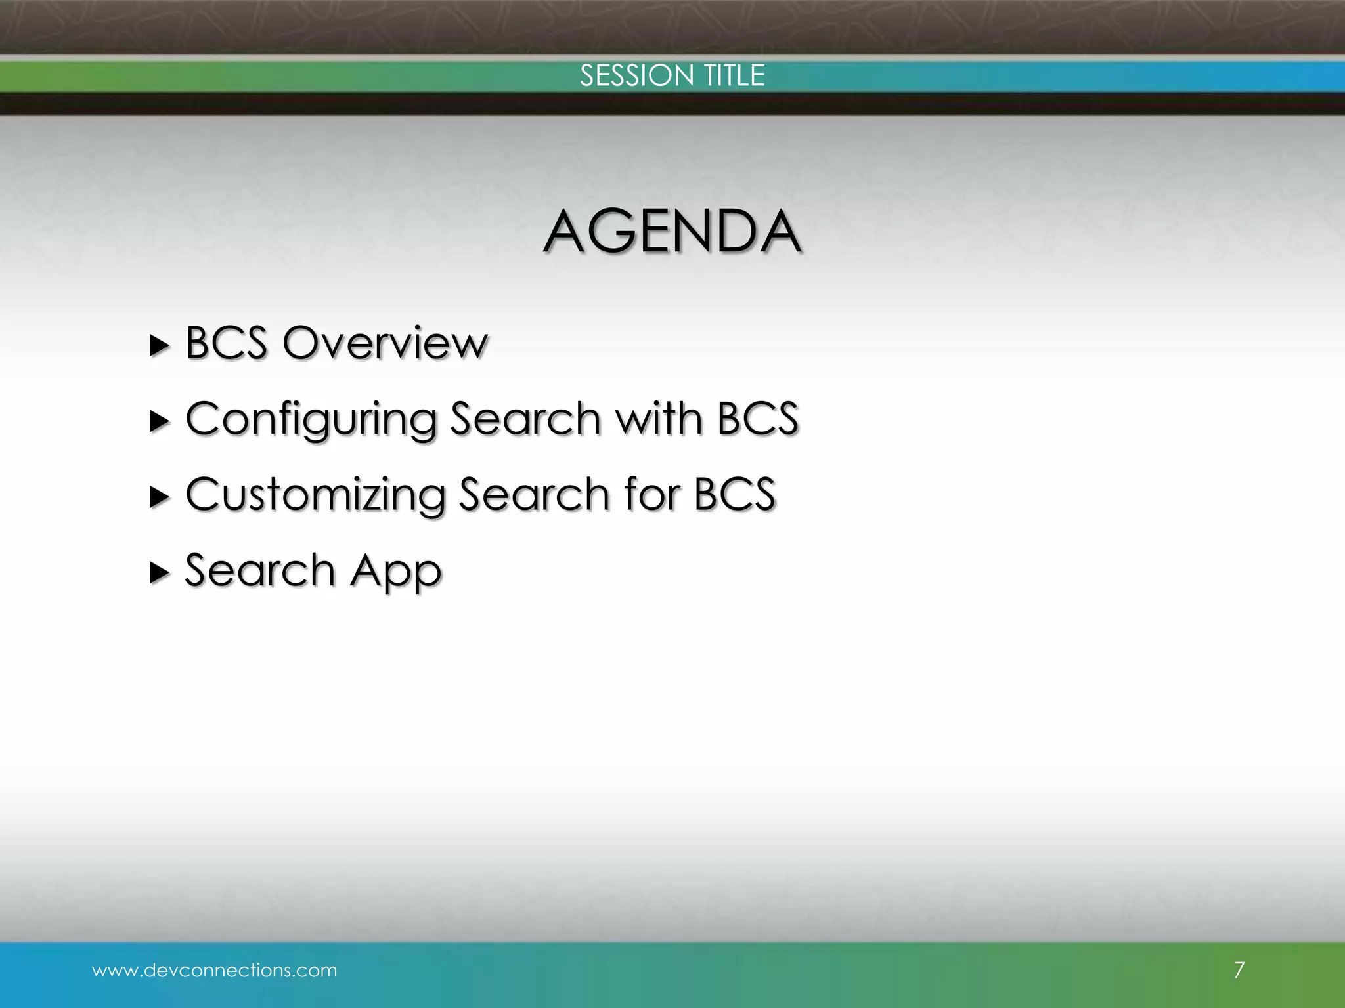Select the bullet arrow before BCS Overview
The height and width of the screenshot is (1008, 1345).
pyautogui.click(x=160, y=345)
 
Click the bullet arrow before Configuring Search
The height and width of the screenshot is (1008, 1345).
pyautogui.click(x=160, y=421)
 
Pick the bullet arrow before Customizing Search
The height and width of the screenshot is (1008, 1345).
pyautogui.click(x=160, y=497)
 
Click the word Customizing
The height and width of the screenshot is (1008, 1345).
pyautogui.click(x=315, y=495)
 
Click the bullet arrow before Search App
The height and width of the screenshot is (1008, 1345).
pyautogui.click(x=160, y=573)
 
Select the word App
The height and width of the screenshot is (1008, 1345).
pyautogui.click(x=396, y=571)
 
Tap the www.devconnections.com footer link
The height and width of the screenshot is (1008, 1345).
pyautogui.click(x=215, y=970)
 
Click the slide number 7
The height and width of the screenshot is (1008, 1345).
pyautogui.click(x=1239, y=970)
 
